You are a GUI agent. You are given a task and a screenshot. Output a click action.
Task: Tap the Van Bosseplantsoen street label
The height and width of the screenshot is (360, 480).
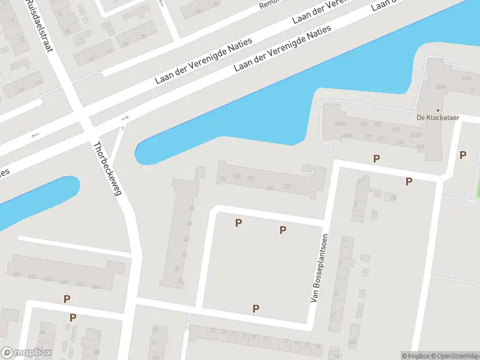[319, 267]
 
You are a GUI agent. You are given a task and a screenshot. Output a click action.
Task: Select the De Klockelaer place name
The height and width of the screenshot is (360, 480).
[438, 118]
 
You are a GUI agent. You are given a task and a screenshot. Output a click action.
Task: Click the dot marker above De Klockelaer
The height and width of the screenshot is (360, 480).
[438, 110]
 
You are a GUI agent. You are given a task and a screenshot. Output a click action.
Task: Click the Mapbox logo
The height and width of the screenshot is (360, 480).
[26, 353]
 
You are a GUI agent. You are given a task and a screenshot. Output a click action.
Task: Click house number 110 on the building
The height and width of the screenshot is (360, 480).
[223, 178]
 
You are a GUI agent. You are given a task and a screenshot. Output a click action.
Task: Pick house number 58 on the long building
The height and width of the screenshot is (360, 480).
[191, 208]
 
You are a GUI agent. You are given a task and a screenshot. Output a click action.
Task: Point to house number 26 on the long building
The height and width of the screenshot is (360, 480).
[180, 281]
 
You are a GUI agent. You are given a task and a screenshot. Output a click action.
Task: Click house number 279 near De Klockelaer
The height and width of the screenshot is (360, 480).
[362, 125]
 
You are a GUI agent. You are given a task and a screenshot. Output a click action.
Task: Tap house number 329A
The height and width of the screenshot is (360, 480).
[441, 87]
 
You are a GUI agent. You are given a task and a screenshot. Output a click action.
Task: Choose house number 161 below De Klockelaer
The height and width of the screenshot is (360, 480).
[419, 146]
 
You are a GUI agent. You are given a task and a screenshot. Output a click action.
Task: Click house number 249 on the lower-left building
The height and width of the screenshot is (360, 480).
[16, 275]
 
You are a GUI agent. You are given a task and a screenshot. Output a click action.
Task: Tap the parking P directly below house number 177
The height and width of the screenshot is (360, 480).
[376, 158]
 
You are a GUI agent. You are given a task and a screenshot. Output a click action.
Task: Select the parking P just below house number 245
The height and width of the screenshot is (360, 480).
[67, 299]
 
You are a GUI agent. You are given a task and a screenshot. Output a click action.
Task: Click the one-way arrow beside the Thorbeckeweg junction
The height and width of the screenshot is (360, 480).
[125, 119]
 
